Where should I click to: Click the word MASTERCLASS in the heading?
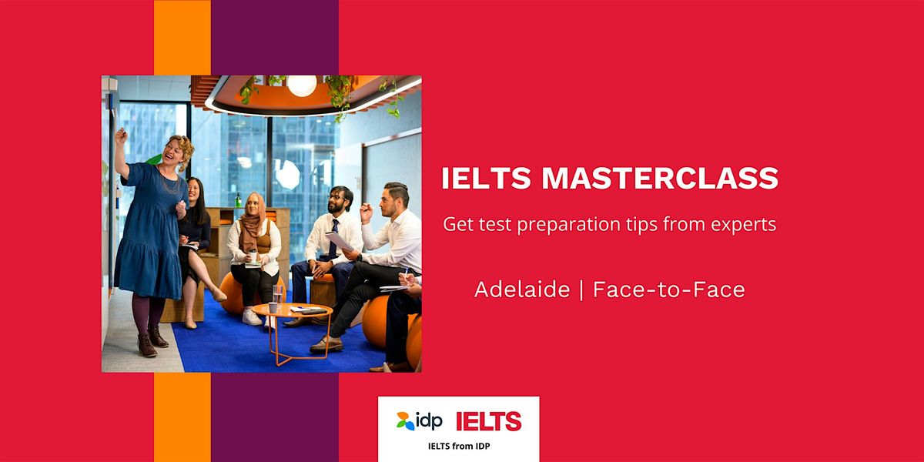tap(660, 179)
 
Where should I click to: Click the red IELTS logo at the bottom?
tap(488, 421)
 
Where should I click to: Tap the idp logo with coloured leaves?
tap(420, 421)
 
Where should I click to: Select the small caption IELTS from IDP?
tap(458, 444)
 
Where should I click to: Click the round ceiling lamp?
tap(301, 85)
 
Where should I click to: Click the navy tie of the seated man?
tap(333, 239)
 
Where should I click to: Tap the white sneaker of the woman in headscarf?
tap(252, 316)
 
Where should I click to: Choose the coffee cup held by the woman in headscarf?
tap(253, 256)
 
